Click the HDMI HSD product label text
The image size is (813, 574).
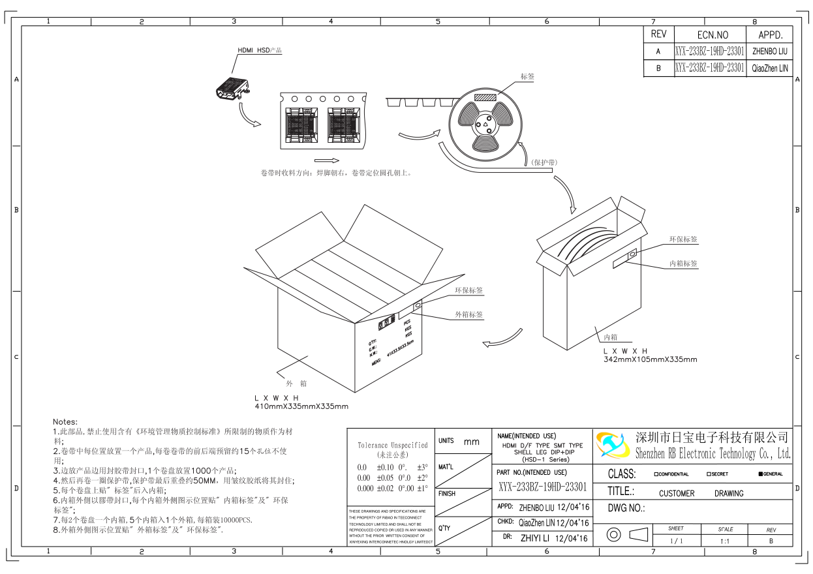point(259,50)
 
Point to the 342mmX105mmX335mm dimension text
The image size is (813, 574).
point(650,359)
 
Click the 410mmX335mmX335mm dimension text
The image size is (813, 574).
point(301,406)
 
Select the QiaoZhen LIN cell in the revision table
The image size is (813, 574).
point(770,68)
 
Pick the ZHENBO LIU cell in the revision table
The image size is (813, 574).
point(770,51)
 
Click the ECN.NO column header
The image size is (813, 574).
point(703,35)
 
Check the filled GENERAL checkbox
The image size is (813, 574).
point(761,474)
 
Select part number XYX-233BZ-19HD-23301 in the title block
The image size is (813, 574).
point(543,487)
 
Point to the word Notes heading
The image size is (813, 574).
point(65,422)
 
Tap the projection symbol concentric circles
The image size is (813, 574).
point(613,535)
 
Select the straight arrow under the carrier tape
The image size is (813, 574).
point(327,160)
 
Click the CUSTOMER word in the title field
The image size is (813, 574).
point(677,494)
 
